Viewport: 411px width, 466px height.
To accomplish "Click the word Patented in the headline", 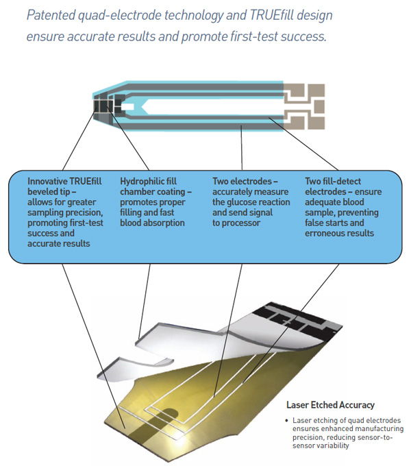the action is click(51, 15).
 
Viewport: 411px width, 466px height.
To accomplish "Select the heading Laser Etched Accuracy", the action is click(330, 405).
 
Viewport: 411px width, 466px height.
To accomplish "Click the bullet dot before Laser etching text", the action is click(286, 421).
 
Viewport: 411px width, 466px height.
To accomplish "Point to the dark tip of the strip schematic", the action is click(103, 106).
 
